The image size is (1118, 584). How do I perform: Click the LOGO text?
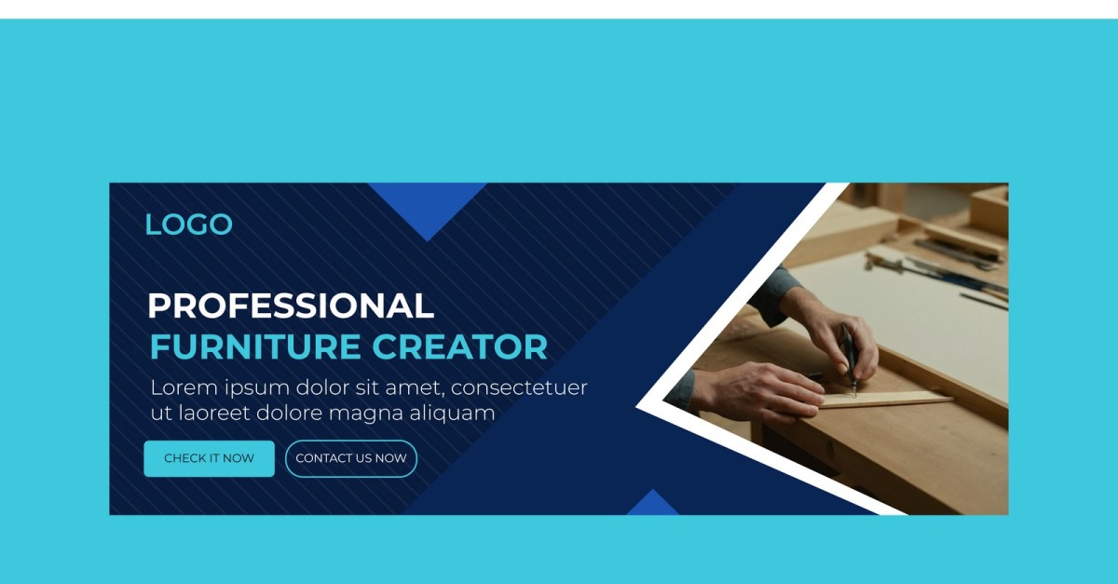[188, 224]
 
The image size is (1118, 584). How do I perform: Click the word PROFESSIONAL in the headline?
[291, 306]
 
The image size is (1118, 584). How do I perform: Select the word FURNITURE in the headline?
[255, 346]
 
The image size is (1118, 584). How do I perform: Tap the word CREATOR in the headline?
[459, 346]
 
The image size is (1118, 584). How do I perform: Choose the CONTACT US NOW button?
[351, 458]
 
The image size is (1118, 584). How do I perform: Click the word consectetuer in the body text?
[519, 387]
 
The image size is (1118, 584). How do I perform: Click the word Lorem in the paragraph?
[184, 387]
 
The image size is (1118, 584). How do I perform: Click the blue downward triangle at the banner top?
[428, 205]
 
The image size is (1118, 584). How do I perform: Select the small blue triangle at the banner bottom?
[652, 504]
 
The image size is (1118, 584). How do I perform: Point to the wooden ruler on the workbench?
[883, 400]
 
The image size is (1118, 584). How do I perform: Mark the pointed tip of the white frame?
[636, 407]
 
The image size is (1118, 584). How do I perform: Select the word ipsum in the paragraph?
[257, 388]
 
